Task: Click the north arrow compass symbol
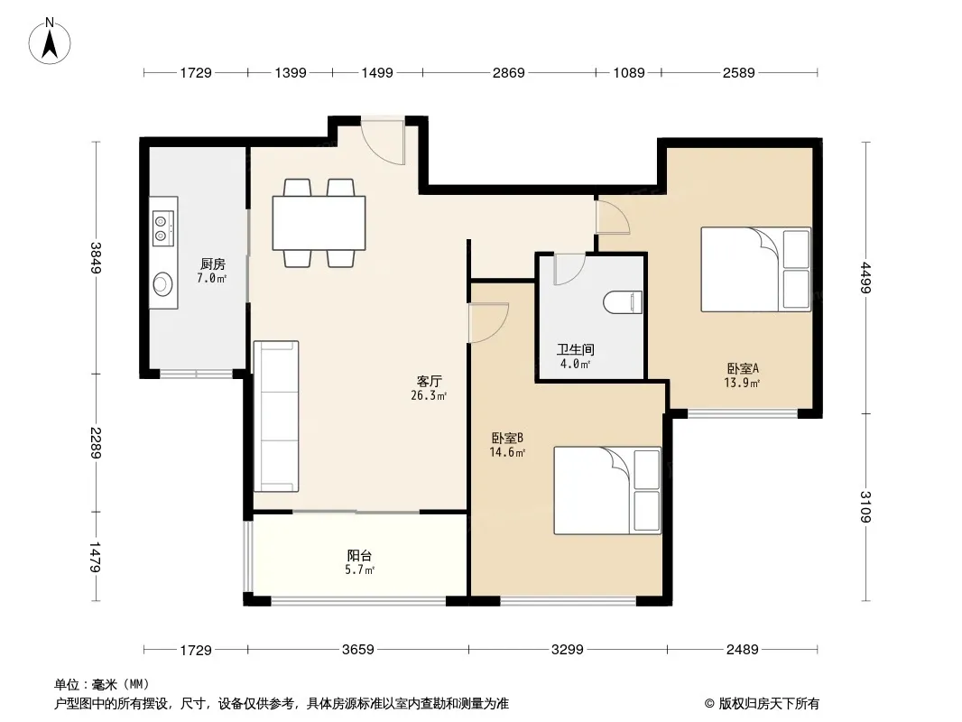click(50, 42)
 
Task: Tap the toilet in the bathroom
click(623, 302)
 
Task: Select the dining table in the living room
click(319, 223)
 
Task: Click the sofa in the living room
click(276, 416)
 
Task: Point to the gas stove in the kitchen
click(163, 228)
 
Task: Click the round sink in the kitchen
click(162, 284)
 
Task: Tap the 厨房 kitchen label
click(212, 264)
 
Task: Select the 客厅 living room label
click(429, 382)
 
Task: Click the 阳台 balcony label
click(359, 556)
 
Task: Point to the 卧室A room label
click(743, 368)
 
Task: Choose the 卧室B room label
click(507, 438)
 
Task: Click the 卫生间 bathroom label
click(576, 349)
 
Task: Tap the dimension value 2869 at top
click(509, 72)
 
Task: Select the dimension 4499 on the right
click(865, 277)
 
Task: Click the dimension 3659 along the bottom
click(357, 649)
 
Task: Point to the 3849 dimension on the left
click(97, 257)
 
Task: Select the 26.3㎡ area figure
click(429, 395)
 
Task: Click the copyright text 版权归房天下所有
click(769, 704)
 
